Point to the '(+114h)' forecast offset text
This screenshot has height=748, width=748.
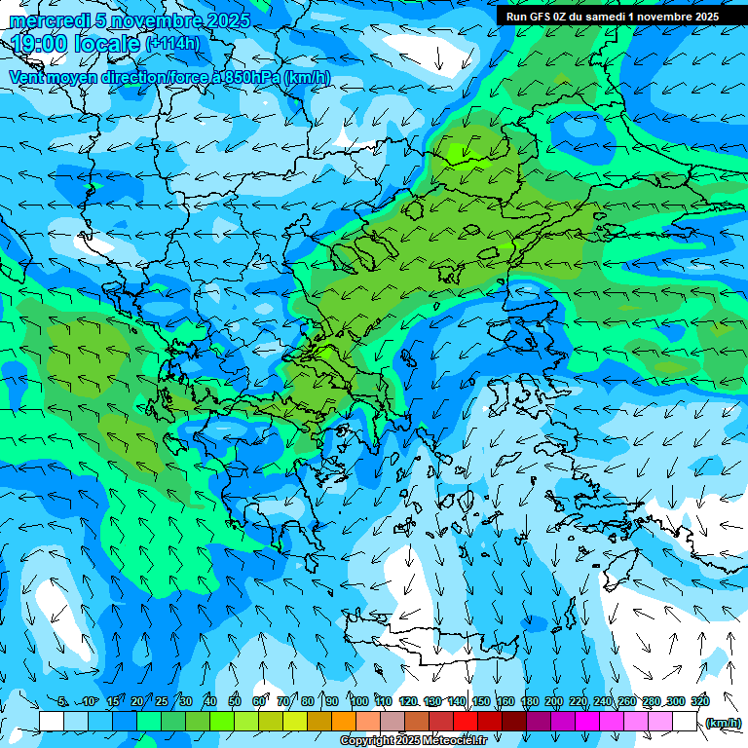[172, 44]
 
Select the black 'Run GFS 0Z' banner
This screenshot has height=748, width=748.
[613, 16]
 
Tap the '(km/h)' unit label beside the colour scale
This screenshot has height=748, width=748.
[723, 723]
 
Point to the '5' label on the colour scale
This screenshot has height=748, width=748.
[63, 702]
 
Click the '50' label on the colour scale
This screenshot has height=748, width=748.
[235, 702]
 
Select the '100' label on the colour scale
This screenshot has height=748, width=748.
[359, 702]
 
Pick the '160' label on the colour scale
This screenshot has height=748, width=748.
[505, 702]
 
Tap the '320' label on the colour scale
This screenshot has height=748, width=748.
[699, 702]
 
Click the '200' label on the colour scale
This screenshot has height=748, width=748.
[554, 702]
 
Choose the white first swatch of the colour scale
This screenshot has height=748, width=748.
[52, 722]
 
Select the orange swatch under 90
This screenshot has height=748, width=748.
[344, 722]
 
